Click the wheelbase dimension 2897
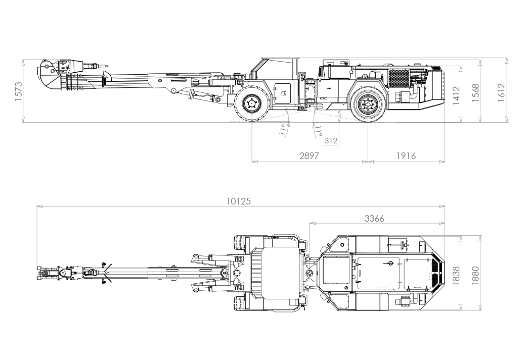[x=309, y=156]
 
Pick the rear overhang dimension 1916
[x=406, y=156]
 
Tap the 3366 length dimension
[x=375, y=219]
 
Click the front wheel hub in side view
[x=251, y=104]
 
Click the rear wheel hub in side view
[x=368, y=105]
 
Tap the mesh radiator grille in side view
[x=399, y=78]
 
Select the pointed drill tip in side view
[x=106, y=66]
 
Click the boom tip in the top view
[x=39, y=273]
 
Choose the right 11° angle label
[x=318, y=132]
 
